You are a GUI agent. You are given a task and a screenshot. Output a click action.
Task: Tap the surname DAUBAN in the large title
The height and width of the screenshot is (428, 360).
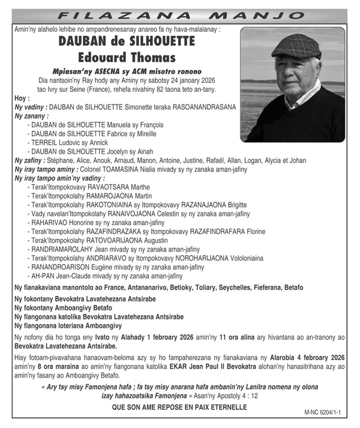pyautogui.click(x=87, y=42)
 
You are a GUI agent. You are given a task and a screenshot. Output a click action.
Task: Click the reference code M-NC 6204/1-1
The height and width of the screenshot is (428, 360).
pyautogui.click(x=326, y=414)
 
